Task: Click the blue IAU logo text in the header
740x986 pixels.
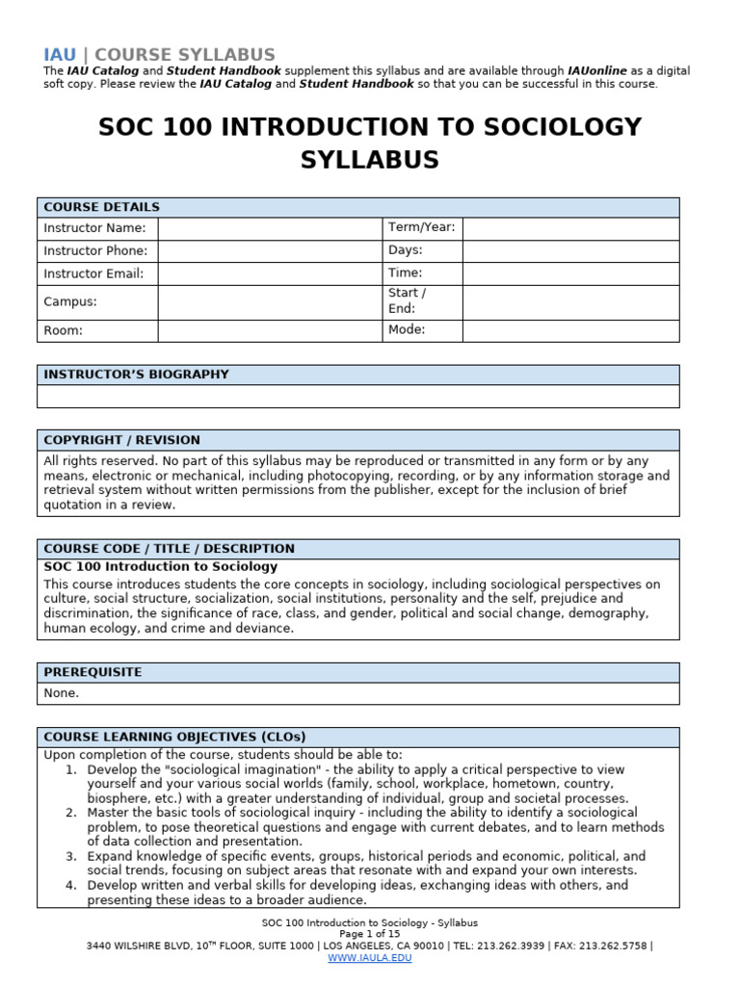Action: point(59,55)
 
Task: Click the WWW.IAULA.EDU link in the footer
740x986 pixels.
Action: point(369,958)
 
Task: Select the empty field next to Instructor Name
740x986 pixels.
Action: point(270,228)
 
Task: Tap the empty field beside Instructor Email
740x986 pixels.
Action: point(270,273)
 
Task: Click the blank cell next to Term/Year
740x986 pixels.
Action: point(570,228)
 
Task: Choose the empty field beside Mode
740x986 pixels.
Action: point(570,330)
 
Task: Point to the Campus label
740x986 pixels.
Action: point(70,301)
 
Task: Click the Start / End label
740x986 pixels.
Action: point(407,300)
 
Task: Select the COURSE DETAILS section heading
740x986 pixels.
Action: point(102,207)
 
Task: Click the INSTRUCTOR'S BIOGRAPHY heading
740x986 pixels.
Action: point(136,375)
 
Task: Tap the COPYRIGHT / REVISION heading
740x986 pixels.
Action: point(122,440)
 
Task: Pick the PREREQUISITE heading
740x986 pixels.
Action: point(92,672)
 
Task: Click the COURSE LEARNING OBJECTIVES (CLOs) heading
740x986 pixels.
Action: point(174,738)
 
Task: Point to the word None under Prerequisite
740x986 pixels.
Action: point(62,693)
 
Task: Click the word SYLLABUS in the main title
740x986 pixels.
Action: point(369,160)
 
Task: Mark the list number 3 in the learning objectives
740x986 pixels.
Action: point(70,856)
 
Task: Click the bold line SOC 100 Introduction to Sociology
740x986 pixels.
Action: point(160,567)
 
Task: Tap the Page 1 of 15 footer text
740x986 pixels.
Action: point(369,934)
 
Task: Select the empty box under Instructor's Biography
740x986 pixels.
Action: point(357,397)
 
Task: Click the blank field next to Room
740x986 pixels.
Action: point(270,330)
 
